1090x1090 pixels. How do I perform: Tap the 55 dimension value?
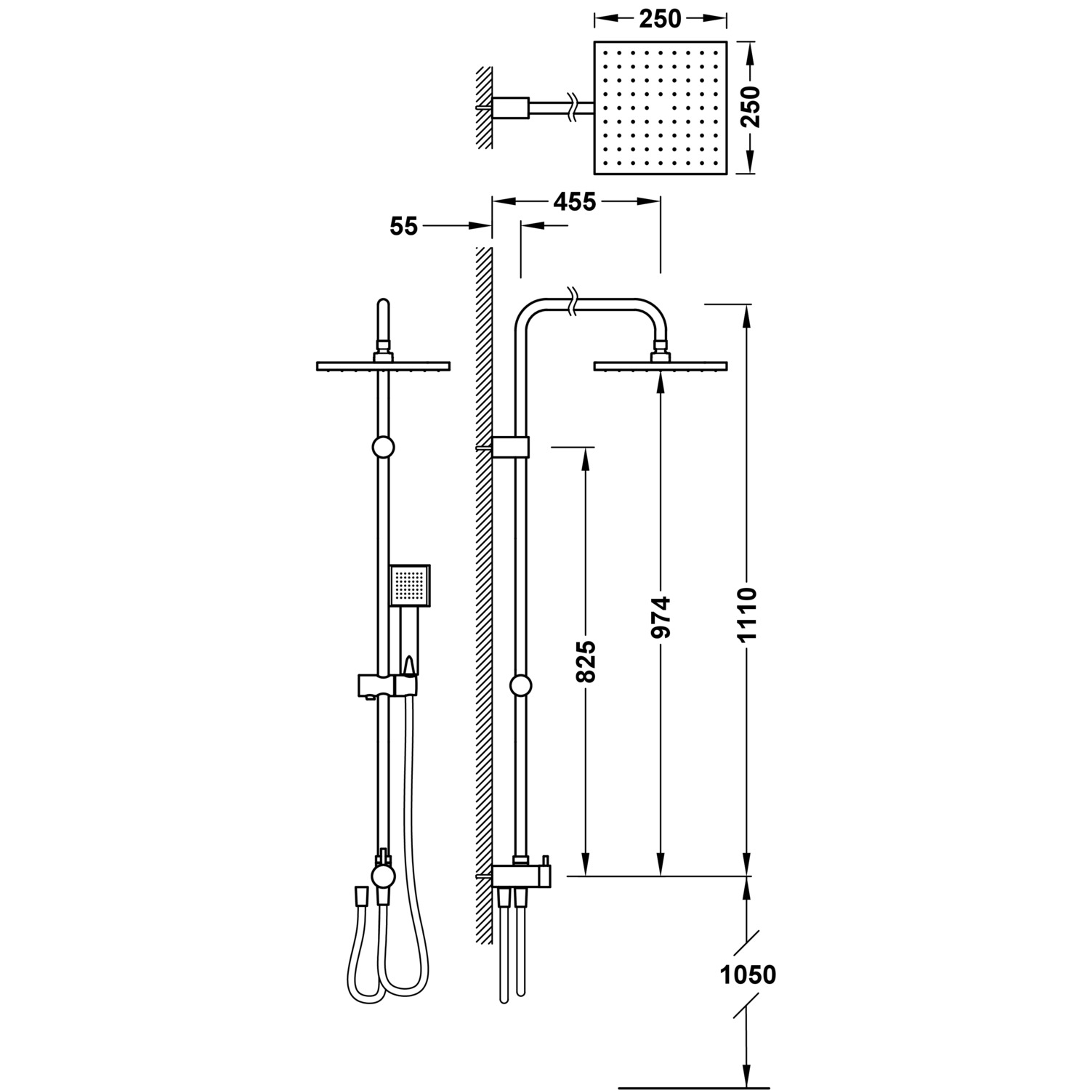point(404,227)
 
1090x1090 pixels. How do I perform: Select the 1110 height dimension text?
point(747,614)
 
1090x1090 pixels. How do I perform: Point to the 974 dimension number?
point(661,618)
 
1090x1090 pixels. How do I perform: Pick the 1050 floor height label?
point(748,974)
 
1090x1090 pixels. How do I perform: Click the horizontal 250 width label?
point(661,19)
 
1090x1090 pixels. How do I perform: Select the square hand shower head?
point(410,586)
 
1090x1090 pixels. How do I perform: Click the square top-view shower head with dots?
point(661,108)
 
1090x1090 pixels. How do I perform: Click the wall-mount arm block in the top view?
point(511,108)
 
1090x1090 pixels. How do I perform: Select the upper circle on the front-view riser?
point(383,448)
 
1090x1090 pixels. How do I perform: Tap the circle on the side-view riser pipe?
point(521,685)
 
